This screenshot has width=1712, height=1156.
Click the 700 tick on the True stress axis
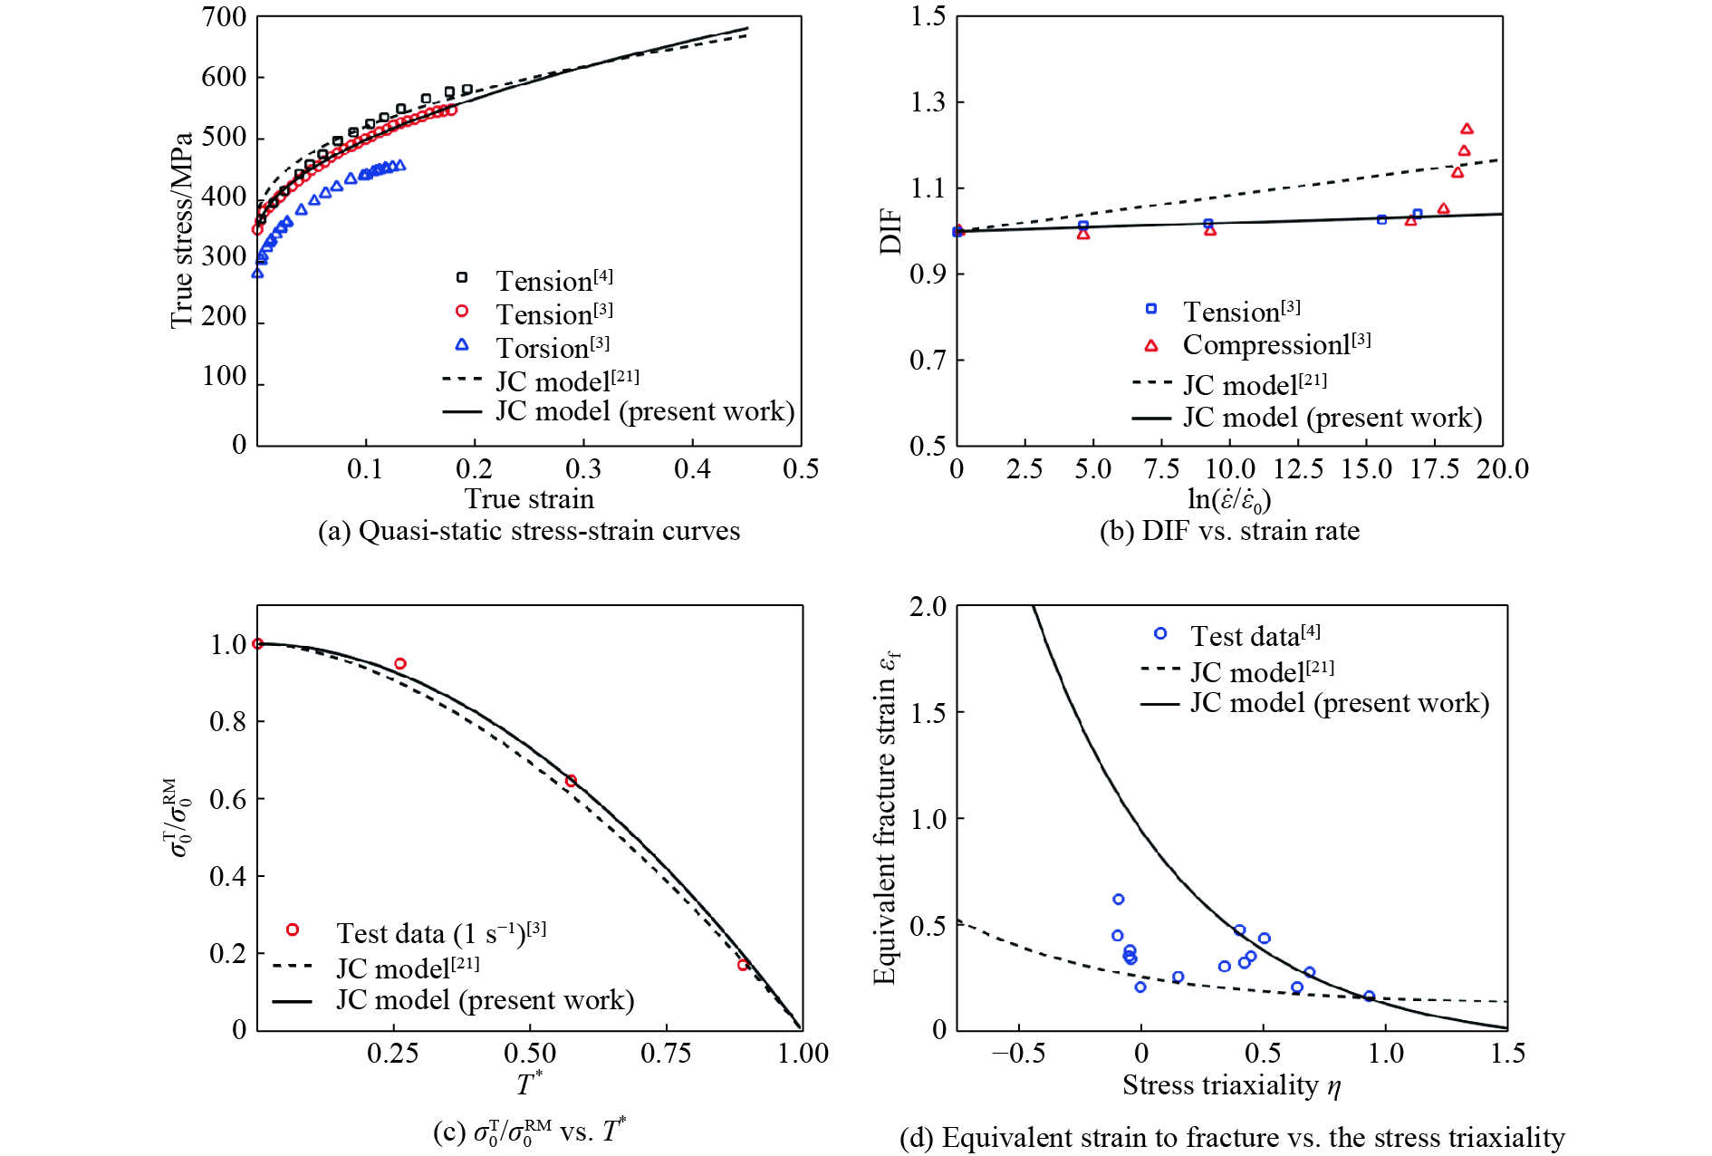(224, 17)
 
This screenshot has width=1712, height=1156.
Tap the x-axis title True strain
(529, 499)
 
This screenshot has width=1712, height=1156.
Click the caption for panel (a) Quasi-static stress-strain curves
(528, 531)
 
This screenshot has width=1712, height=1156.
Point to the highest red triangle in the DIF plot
(1467, 129)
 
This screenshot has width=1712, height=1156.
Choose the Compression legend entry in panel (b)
(1275, 345)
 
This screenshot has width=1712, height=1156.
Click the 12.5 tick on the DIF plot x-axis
(1298, 469)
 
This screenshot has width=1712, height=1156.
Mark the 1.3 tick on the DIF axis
(928, 102)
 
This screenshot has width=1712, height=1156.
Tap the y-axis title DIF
(891, 231)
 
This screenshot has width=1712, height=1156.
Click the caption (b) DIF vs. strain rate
(1229, 531)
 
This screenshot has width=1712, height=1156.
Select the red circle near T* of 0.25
(400, 664)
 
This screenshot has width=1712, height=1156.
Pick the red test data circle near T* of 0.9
(743, 965)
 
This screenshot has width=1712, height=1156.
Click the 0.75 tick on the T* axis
(666, 1054)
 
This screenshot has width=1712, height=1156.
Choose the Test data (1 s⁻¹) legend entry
(440, 933)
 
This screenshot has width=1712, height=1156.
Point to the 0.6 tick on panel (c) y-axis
(227, 799)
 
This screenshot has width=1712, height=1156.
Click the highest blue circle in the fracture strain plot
(1119, 900)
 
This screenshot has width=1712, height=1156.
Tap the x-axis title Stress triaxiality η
(1231, 1085)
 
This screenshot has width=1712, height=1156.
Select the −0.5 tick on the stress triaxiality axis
(1018, 1054)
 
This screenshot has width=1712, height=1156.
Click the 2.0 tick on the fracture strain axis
(928, 607)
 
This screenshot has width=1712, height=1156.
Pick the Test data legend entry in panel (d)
(1255, 636)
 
